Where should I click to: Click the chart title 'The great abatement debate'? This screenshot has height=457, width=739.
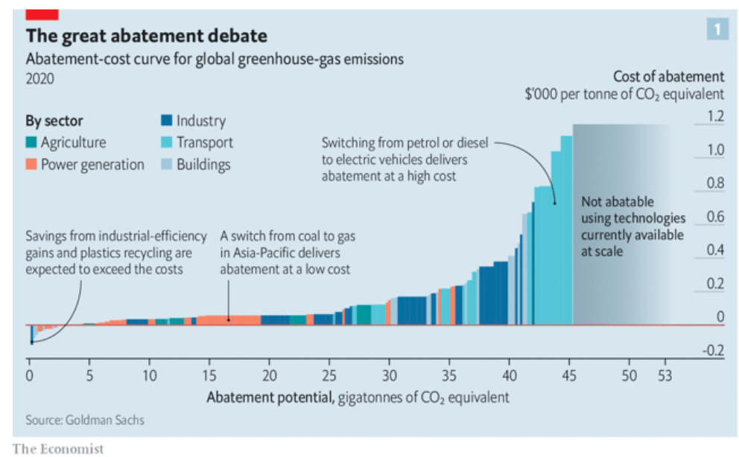click(146, 36)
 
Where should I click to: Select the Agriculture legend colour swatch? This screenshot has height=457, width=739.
click(32, 143)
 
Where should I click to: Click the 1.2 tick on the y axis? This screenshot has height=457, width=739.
click(715, 116)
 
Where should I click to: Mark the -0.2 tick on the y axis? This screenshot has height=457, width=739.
click(714, 351)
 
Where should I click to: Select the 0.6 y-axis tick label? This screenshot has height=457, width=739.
click(715, 217)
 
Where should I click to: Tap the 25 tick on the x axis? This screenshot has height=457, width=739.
click(329, 374)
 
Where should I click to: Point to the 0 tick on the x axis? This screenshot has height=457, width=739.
click(29, 374)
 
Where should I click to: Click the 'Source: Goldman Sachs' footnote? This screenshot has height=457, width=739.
click(85, 420)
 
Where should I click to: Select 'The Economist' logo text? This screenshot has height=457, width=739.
click(58, 448)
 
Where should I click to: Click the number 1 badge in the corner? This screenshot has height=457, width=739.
click(717, 29)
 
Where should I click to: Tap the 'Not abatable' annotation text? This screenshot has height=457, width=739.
click(617, 202)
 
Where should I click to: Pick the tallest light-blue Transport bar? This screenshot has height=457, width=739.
click(567, 231)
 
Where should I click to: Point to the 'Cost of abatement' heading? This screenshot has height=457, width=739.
click(667, 77)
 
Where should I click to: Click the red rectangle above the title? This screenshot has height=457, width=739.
click(42, 14)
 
